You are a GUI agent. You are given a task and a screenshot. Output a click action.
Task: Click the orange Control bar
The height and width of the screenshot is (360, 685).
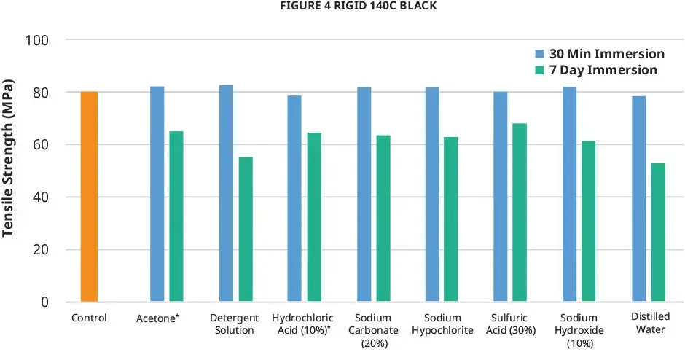click(89, 197)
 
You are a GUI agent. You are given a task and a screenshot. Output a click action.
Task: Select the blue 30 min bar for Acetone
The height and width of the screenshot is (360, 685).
click(157, 194)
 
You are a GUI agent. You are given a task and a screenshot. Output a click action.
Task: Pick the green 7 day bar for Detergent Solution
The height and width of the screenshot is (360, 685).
click(246, 229)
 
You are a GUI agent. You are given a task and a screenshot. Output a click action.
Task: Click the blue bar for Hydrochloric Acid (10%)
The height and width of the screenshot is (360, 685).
click(294, 198)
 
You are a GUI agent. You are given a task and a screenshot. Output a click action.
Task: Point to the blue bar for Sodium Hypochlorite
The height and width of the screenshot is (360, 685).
click(432, 194)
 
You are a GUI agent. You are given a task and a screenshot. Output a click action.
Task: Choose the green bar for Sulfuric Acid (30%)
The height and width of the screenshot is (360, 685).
click(520, 212)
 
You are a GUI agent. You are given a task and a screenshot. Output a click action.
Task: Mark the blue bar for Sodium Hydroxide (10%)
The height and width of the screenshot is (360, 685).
click(570, 194)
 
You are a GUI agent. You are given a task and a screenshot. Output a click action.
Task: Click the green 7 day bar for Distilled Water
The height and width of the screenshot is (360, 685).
click(658, 232)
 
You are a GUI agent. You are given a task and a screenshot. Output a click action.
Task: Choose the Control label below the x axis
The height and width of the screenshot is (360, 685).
click(89, 318)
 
